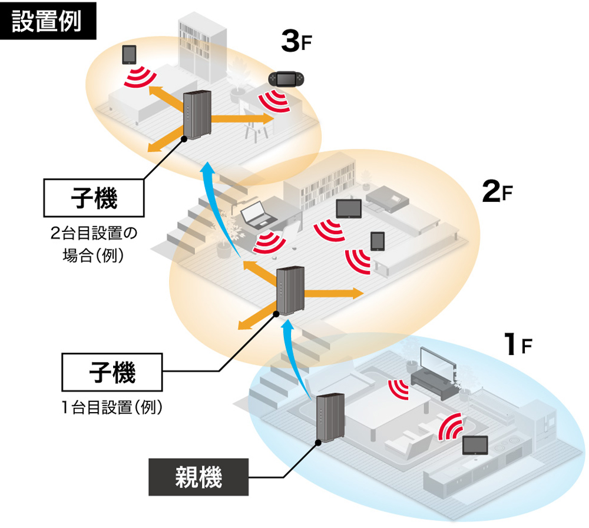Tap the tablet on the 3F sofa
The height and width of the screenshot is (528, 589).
129,55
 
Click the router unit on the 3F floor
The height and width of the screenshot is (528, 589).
196,115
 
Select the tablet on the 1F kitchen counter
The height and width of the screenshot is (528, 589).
475,445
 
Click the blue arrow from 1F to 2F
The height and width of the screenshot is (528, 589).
294,359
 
